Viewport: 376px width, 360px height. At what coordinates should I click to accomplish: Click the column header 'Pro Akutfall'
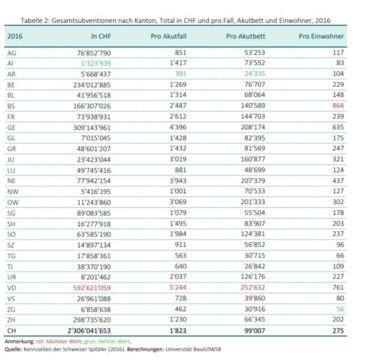[x=165, y=36]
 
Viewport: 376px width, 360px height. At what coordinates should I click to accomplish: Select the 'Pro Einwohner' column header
[x=321, y=36]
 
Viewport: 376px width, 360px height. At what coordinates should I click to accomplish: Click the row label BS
[x=11, y=106]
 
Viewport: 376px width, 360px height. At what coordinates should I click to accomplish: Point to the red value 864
[x=338, y=106]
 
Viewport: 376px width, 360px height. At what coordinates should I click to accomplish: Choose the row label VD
[x=11, y=288]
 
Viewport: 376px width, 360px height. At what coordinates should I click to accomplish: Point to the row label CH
[x=11, y=331]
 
